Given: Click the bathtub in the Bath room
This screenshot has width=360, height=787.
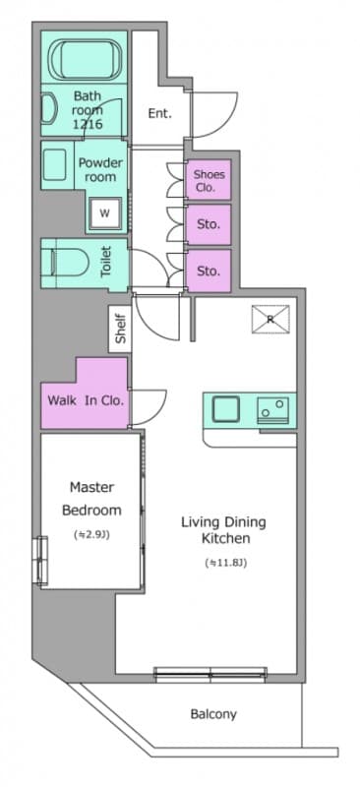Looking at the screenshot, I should tap(87, 60).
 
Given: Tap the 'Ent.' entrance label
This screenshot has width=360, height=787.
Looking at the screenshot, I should tap(159, 113).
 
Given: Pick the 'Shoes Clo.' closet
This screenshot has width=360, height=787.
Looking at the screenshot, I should tap(209, 180).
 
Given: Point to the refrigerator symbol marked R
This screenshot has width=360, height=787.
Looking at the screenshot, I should tap(270, 318).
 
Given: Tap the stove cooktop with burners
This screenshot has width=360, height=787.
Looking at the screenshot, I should tap(274, 408).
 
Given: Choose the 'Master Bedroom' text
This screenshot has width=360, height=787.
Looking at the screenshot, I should tap(91, 499).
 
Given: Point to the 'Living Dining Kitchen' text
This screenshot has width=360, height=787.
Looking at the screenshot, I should tap(222, 530).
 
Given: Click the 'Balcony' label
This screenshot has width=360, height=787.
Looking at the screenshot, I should tap(212, 714).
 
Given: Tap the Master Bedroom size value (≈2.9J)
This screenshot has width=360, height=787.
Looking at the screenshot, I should tap(91, 534).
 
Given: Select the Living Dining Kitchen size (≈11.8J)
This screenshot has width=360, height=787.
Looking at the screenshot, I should tap(222, 564).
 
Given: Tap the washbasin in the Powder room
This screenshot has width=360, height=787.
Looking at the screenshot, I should tap(54, 167).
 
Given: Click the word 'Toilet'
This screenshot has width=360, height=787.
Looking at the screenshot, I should tap(106, 263).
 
